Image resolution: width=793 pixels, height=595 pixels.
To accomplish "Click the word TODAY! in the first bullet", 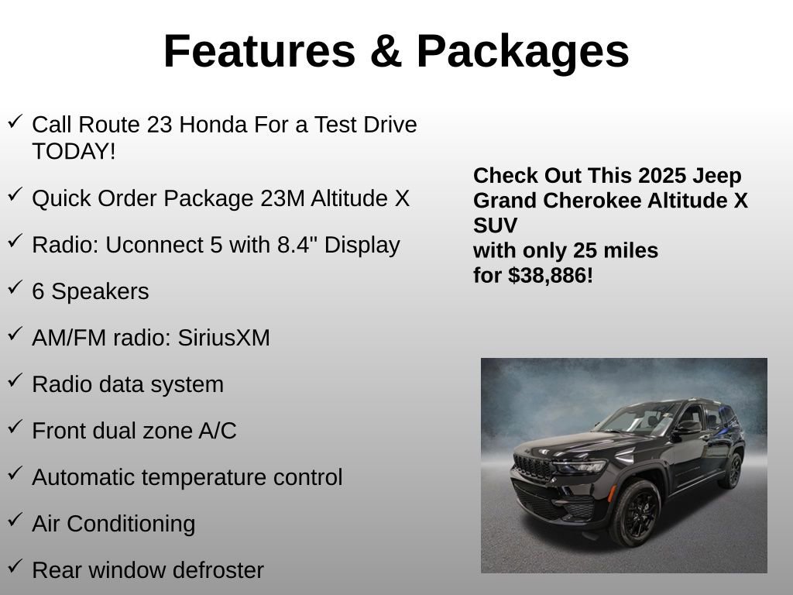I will click(x=74, y=152).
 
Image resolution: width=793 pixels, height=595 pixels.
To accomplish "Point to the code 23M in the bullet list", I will click(x=283, y=198).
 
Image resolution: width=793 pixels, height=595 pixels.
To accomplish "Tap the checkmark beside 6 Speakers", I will click(x=15, y=288).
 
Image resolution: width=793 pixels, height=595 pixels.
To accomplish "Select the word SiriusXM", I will click(x=224, y=338).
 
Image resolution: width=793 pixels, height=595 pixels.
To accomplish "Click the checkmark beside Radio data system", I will click(x=15, y=381).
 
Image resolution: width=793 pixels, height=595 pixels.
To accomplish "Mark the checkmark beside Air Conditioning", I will click(x=15, y=521).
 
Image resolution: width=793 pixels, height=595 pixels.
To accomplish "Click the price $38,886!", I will click(x=551, y=275).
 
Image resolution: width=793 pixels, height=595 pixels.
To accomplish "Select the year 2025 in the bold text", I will click(x=662, y=176).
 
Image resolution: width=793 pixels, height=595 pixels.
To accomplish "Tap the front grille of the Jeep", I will click(x=533, y=467).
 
